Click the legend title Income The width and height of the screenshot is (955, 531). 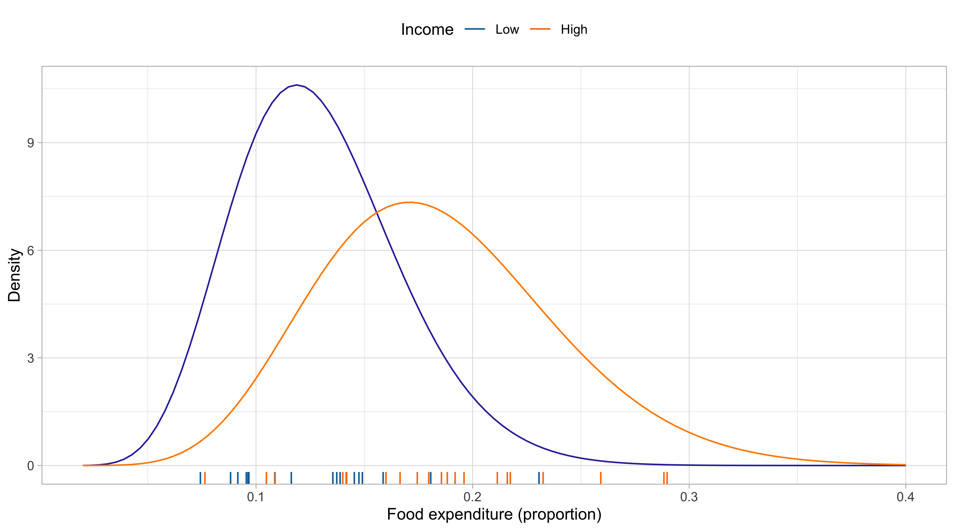pyautogui.click(x=427, y=30)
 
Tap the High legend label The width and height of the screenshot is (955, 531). pyautogui.click(x=574, y=30)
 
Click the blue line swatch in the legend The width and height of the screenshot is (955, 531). pyautogui.click(x=475, y=29)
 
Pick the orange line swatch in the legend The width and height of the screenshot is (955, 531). pyautogui.click(x=540, y=29)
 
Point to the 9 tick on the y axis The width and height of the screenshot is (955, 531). pyautogui.click(x=31, y=143)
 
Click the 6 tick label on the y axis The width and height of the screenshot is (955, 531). pyautogui.click(x=31, y=250)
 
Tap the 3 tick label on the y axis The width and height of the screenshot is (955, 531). pyautogui.click(x=31, y=358)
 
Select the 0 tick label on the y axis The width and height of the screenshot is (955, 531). pyautogui.click(x=31, y=466)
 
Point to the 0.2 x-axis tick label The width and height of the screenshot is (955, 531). pyautogui.click(x=473, y=497)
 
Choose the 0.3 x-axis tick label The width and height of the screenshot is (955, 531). pyautogui.click(x=689, y=497)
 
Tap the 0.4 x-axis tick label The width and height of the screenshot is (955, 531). pyautogui.click(x=906, y=497)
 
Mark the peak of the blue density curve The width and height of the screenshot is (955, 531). pyautogui.click(x=297, y=85)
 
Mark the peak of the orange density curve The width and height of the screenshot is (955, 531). pyautogui.click(x=411, y=202)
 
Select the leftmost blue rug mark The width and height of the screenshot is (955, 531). pyautogui.click(x=200, y=478)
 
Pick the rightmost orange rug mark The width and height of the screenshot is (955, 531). pyautogui.click(x=667, y=478)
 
